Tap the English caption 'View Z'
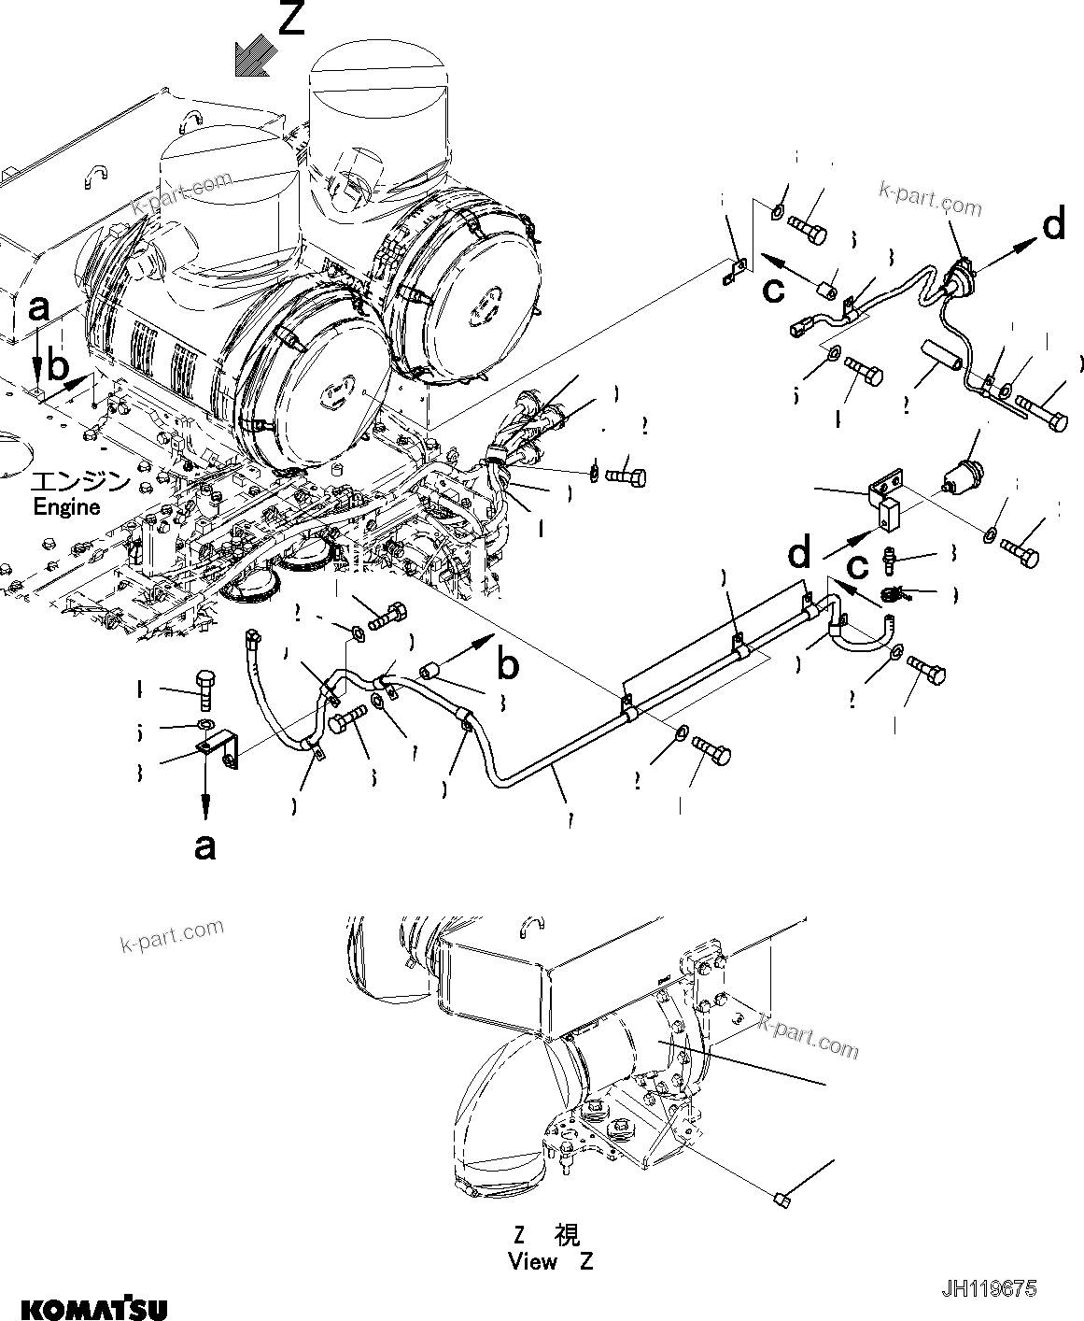point(550,1261)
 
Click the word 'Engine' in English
point(66,507)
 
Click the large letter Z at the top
point(291,19)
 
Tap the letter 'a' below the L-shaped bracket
point(204,845)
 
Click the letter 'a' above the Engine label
point(38,306)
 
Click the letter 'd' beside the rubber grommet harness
point(1053,225)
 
